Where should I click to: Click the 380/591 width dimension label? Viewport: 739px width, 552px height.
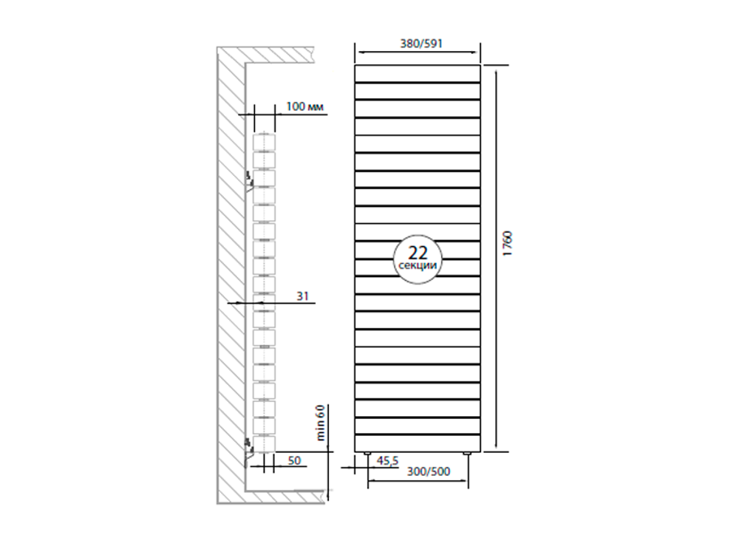point(417,43)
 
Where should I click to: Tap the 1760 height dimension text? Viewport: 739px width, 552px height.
point(507,244)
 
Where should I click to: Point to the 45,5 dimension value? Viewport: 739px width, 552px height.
point(388,460)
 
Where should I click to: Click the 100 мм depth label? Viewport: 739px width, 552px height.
point(304,107)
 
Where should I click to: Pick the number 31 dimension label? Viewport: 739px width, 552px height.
point(302,296)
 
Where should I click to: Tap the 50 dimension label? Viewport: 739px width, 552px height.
point(294,460)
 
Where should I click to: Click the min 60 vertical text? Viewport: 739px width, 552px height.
point(321,423)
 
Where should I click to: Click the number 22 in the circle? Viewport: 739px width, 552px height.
point(418,251)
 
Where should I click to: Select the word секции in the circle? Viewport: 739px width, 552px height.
point(418,265)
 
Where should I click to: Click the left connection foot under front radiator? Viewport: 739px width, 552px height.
point(367,452)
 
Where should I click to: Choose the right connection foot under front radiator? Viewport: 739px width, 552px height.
point(467,452)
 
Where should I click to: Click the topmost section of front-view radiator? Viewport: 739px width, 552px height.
point(417,72)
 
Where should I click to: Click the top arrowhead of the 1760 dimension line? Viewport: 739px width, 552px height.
point(494,69)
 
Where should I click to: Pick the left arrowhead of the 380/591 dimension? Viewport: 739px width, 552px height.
point(359,52)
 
